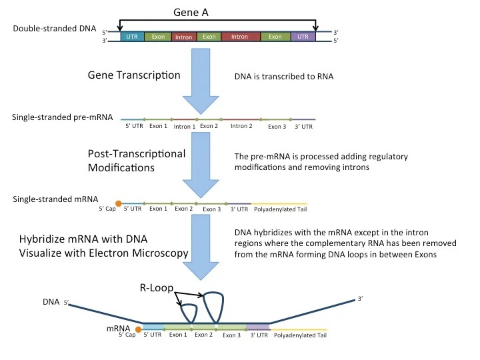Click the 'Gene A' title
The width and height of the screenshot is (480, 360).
click(216, 12)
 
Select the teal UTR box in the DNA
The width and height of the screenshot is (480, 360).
click(132, 36)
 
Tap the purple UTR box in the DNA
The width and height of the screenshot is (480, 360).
click(303, 36)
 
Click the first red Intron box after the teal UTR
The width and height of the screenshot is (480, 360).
click(183, 36)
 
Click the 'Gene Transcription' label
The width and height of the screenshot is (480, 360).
click(134, 75)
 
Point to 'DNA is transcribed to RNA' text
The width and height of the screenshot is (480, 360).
click(284, 77)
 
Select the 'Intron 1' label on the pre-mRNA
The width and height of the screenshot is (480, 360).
click(184, 126)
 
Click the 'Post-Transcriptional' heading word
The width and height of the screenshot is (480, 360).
click(136, 154)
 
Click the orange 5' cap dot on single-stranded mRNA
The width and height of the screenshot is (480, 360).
click(119, 203)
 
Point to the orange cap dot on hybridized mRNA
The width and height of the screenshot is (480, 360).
click(138, 329)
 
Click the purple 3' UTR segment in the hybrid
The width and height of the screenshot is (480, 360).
click(258, 326)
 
